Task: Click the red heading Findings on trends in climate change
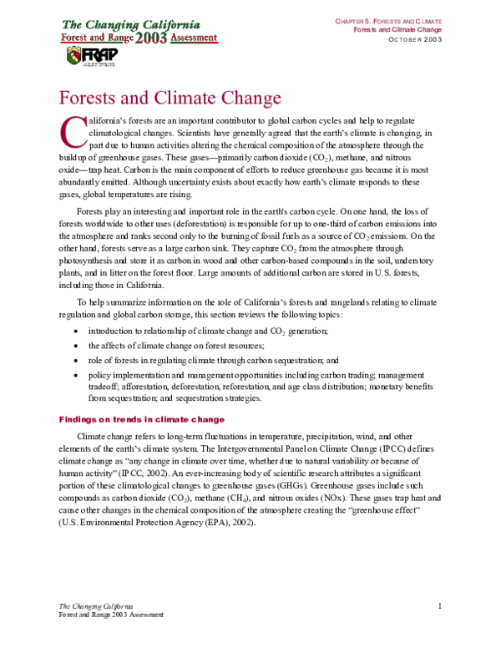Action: point(140,418)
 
